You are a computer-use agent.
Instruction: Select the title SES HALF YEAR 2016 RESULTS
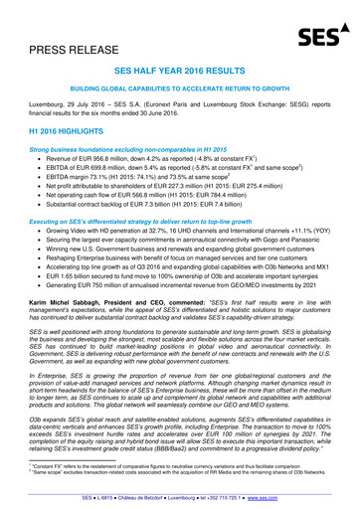[x=179, y=73]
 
